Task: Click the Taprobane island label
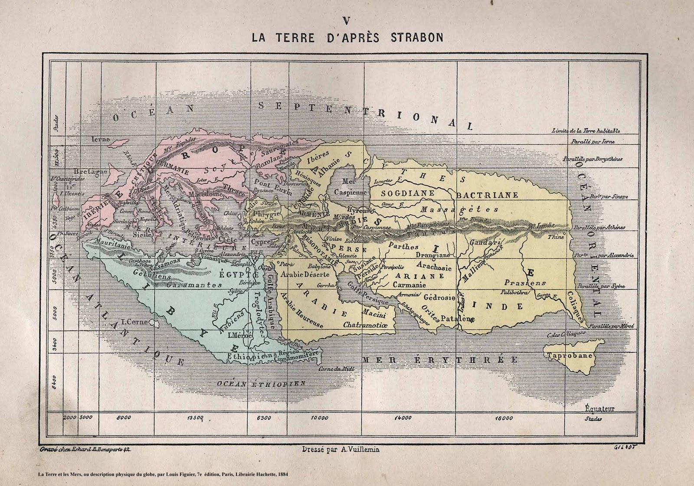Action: coord(570,356)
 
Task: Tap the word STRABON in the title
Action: coord(417,38)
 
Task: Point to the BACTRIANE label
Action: coord(487,195)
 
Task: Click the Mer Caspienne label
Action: coord(350,187)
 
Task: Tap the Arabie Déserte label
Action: coord(304,274)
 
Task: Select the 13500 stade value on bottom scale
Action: coord(195,418)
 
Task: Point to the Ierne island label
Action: coord(101,139)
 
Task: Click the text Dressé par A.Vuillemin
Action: coord(340,450)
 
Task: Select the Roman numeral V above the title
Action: coord(346,21)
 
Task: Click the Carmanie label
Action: coord(409,285)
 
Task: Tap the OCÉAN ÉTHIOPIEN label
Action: coord(261,383)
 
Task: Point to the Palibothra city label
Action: coord(515,292)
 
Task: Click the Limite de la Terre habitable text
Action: coord(586,130)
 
